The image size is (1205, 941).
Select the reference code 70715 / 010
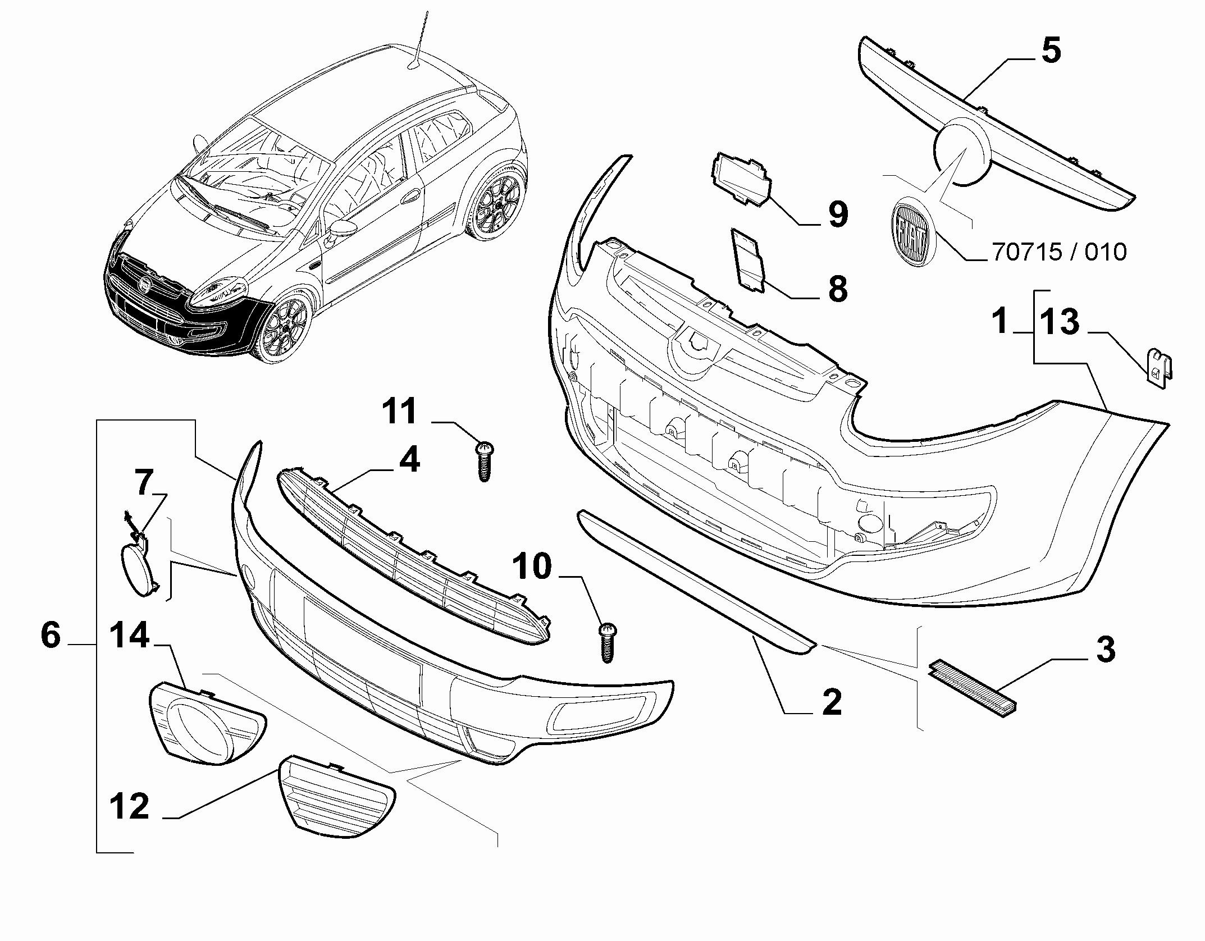coord(1060,252)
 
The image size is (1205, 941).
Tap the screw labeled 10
coord(606,642)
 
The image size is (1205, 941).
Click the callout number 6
coord(51,636)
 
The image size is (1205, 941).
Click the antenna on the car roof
coord(420,42)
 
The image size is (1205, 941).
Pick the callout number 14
coord(129,636)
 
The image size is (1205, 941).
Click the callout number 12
coord(129,807)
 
